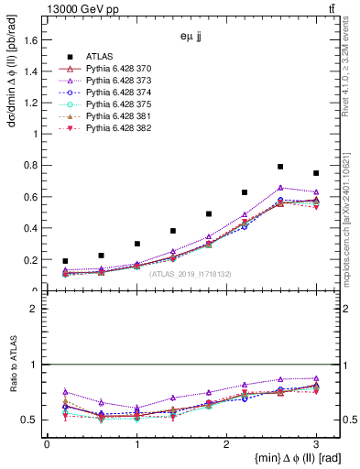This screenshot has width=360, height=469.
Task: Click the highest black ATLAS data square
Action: [x=280, y=167]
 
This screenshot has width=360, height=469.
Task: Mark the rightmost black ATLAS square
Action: [x=316, y=173]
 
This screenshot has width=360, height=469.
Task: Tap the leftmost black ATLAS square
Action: [x=65, y=261]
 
